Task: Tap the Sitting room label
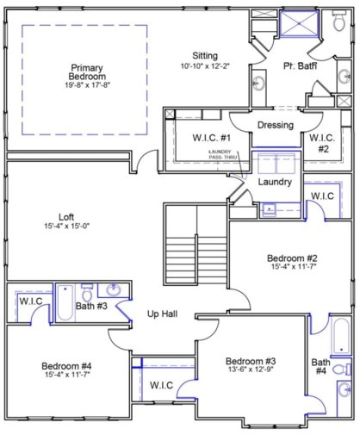point(205,56)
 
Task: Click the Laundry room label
point(275,183)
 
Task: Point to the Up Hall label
point(162,314)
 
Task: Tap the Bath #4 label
point(320,367)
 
